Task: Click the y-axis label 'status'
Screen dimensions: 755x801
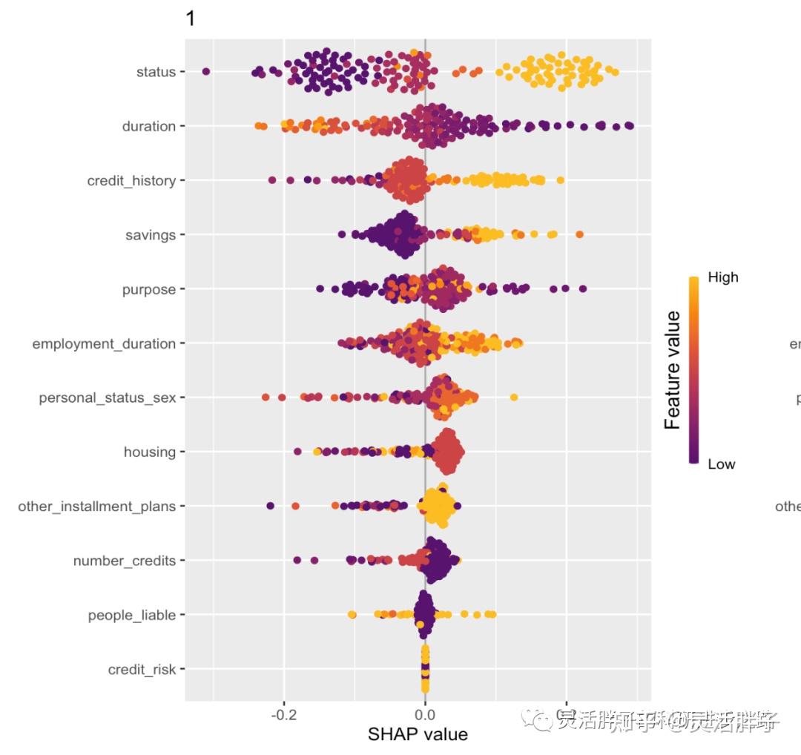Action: coord(156,72)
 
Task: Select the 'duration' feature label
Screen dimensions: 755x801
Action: coord(149,126)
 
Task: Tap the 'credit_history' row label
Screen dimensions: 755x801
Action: coord(131,181)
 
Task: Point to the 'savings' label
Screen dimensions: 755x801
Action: coord(151,235)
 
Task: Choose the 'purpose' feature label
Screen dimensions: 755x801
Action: coord(149,289)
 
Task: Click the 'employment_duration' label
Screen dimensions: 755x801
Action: coord(104,343)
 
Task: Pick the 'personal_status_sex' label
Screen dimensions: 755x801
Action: coord(108,398)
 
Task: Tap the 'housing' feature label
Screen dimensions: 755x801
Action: coord(150,452)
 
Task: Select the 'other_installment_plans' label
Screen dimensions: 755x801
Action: coord(97,507)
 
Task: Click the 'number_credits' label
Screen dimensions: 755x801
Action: coord(124,561)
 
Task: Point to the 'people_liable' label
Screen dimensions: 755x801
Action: coord(131,615)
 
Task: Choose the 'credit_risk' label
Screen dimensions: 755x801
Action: coord(142,670)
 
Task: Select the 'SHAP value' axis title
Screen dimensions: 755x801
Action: coord(418,734)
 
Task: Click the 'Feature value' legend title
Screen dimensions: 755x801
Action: coord(673,370)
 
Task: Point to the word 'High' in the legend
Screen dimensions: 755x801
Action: coord(723,277)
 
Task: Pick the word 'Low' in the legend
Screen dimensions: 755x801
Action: coord(721,464)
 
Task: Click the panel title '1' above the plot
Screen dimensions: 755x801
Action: coord(191,19)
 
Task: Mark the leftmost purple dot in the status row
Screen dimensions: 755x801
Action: coord(206,71)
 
